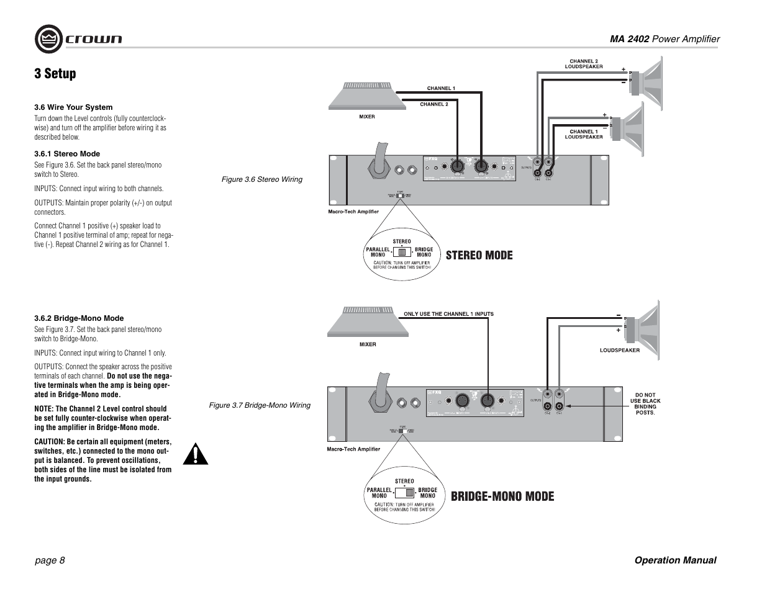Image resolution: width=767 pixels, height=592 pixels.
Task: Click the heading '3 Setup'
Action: click(55, 74)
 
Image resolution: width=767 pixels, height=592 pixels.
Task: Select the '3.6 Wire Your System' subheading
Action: click(73, 107)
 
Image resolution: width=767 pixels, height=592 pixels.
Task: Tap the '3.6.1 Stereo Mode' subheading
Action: click(67, 154)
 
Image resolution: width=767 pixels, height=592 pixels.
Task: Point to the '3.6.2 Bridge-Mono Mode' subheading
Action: click(79, 318)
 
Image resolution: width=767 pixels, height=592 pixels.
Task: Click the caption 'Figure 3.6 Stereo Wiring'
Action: click(262, 179)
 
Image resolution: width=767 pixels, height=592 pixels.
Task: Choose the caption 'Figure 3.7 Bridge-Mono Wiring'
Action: click(259, 405)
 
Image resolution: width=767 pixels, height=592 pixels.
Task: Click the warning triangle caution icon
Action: click(196, 454)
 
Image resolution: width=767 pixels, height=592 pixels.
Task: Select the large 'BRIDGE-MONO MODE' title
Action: click(502, 496)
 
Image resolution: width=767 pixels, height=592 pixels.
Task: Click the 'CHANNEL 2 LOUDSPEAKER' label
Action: click(583, 64)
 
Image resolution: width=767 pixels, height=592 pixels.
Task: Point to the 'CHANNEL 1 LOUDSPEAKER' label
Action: click(583, 134)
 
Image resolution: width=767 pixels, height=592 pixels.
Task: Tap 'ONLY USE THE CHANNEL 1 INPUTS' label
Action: click(448, 314)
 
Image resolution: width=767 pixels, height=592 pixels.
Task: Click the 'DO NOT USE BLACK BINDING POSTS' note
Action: click(645, 403)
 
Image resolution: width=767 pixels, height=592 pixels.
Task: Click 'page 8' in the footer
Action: click(50, 560)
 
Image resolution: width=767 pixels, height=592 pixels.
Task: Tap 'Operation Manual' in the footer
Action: click(675, 560)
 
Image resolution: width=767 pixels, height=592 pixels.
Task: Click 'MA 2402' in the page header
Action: click(629, 39)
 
